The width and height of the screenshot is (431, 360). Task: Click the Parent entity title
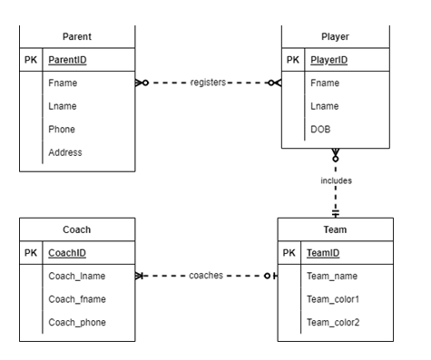point(77,36)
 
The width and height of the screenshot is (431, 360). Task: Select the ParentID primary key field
point(72,60)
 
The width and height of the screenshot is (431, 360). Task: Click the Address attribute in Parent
point(65,152)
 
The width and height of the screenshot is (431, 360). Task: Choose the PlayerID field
point(330,60)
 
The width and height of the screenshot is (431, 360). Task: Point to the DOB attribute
point(321,129)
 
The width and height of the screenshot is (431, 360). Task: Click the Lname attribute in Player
point(325,106)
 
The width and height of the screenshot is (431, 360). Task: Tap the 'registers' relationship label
point(209,83)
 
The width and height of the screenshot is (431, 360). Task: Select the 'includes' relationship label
point(336,180)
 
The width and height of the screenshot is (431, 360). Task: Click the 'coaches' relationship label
point(207,276)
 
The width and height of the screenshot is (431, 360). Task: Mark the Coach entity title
point(77,229)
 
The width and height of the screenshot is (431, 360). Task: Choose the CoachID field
point(70,253)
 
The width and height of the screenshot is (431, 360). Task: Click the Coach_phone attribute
point(78,322)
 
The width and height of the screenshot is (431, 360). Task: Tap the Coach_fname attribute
point(78,299)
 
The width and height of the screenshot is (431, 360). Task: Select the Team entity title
point(336,229)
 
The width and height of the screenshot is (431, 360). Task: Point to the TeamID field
point(325,253)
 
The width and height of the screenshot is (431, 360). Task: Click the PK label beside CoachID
point(31,253)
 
